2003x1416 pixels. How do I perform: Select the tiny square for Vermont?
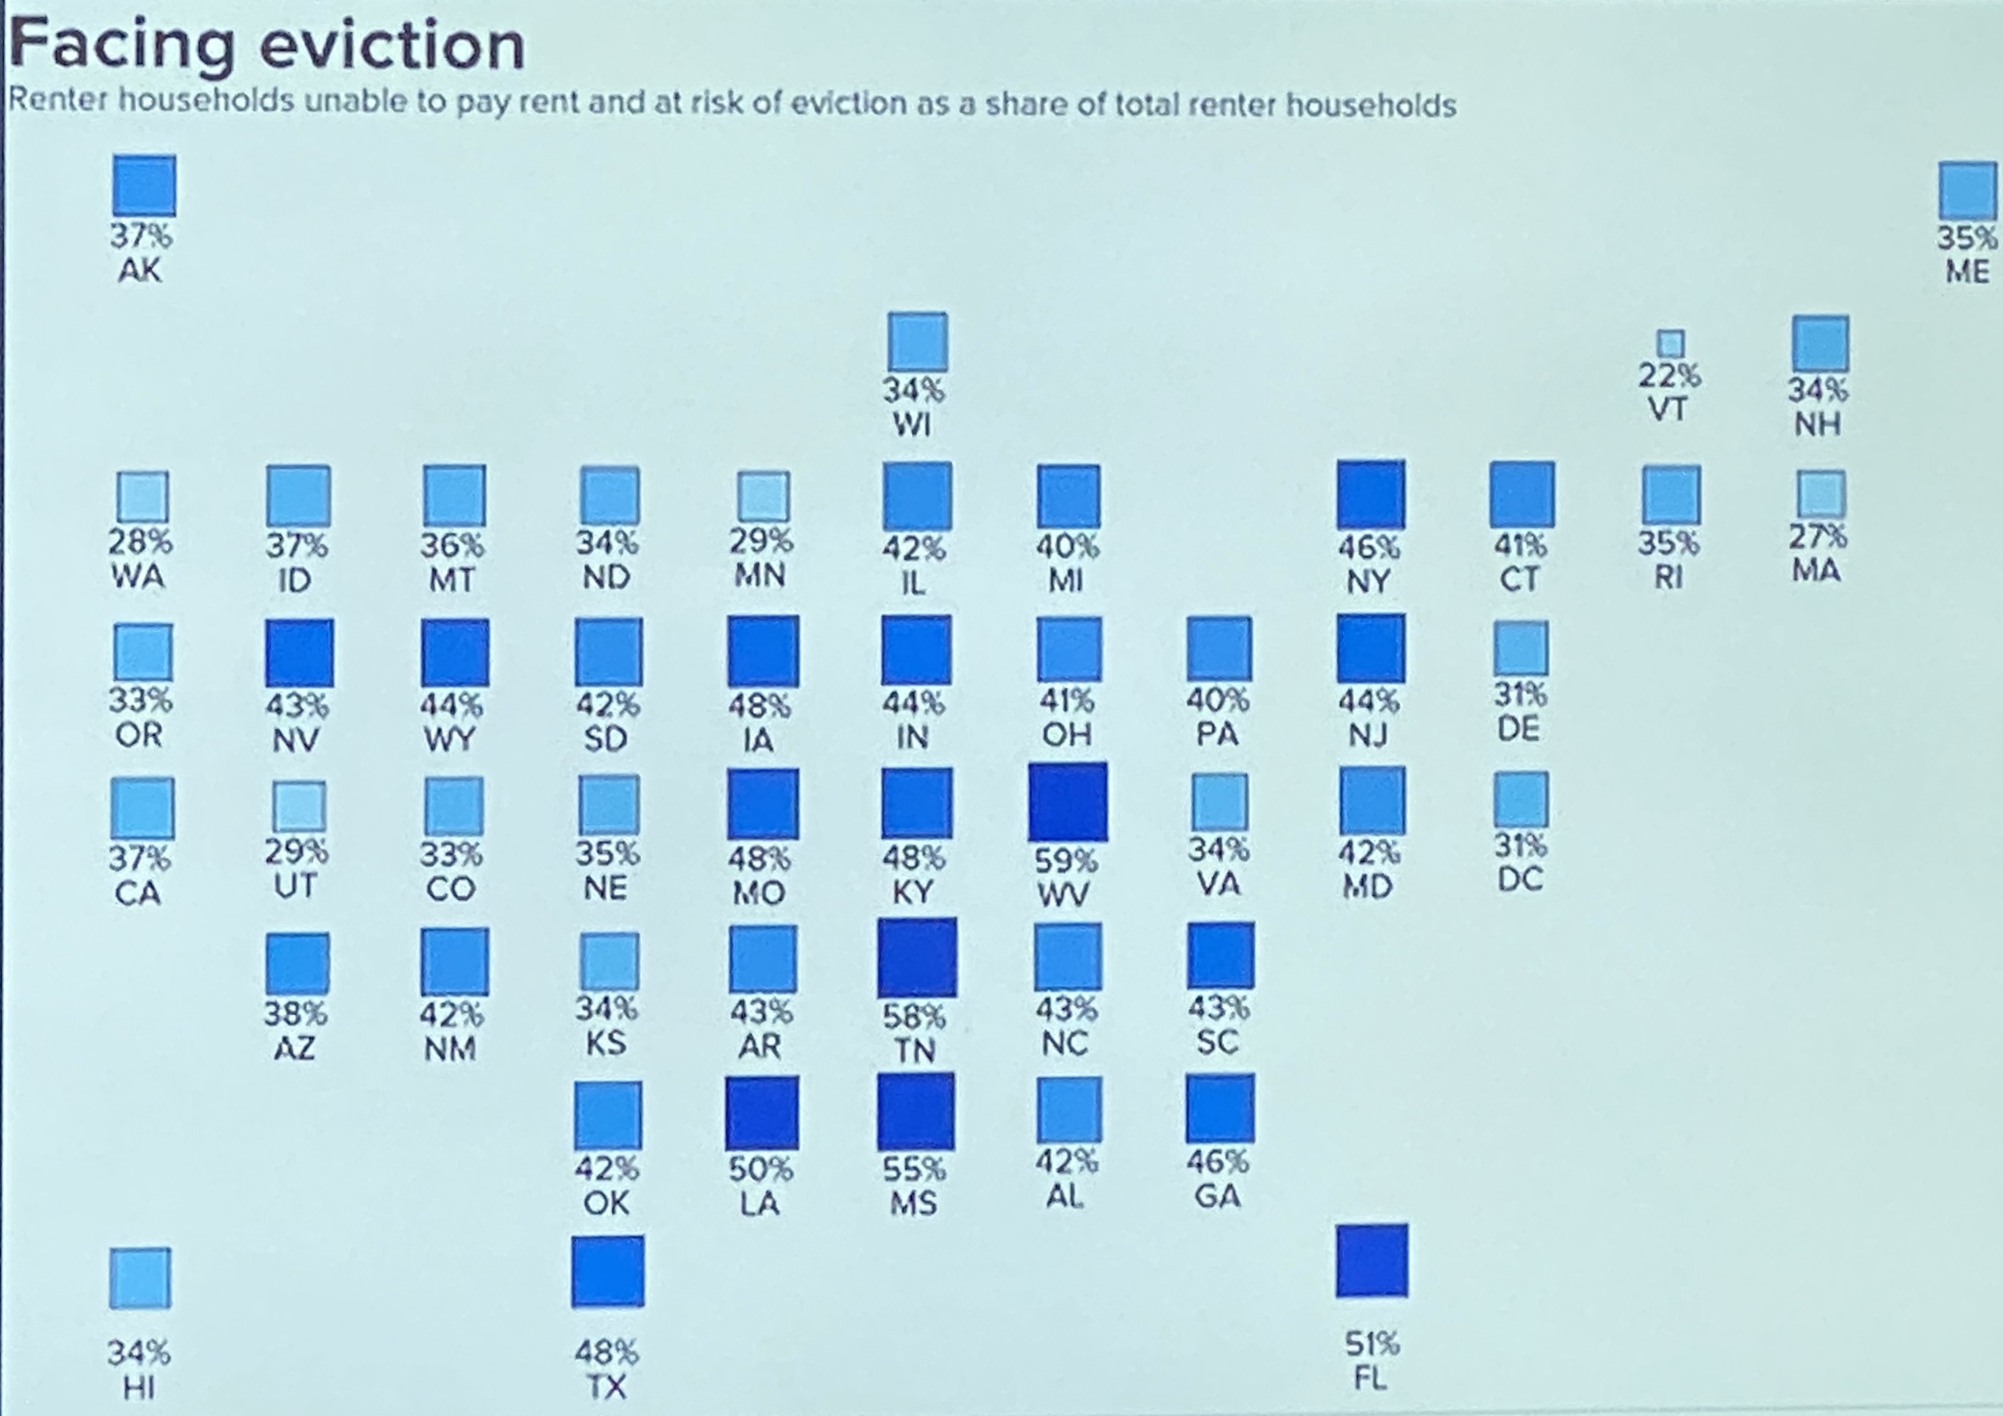[x=1670, y=343]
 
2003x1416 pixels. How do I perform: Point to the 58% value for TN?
[x=914, y=1016]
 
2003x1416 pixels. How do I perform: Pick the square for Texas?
[x=608, y=1271]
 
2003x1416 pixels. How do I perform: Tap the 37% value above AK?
[x=141, y=235]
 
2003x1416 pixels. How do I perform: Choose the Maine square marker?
[x=1967, y=190]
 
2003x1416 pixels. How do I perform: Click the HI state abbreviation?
[x=139, y=1386]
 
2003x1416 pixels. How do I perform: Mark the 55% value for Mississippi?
[x=914, y=1169]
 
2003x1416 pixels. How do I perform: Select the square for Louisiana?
[x=761, y=1112]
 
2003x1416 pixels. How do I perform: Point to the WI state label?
[x=912, y=425]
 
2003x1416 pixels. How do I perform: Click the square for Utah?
[x=299, y=806]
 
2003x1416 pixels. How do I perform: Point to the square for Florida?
[x=1371, y=1260]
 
